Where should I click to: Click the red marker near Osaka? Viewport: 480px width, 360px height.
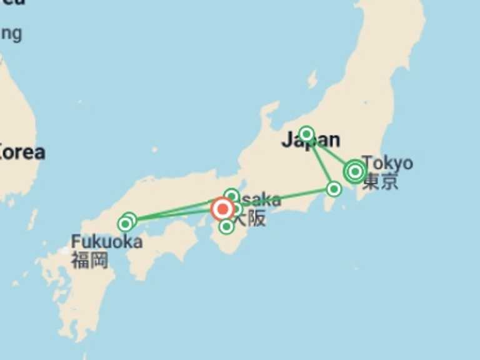222,208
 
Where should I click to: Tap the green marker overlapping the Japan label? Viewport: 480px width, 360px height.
306,134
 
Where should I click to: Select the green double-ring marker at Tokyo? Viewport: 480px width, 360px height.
355,171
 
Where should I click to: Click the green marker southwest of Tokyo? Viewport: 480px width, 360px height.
334,189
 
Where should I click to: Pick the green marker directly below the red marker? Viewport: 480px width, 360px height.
227,226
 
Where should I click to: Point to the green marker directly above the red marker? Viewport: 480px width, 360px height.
231,196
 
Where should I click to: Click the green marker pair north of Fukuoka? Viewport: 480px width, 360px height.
127,222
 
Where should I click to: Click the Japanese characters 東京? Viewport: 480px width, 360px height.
381,181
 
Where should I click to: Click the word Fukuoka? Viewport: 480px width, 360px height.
106,242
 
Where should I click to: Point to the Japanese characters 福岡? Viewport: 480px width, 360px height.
89,259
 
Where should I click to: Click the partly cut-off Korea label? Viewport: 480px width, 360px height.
22,152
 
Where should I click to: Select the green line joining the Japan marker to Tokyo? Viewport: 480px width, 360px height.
330,152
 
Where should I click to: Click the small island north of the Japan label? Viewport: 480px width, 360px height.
312,79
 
